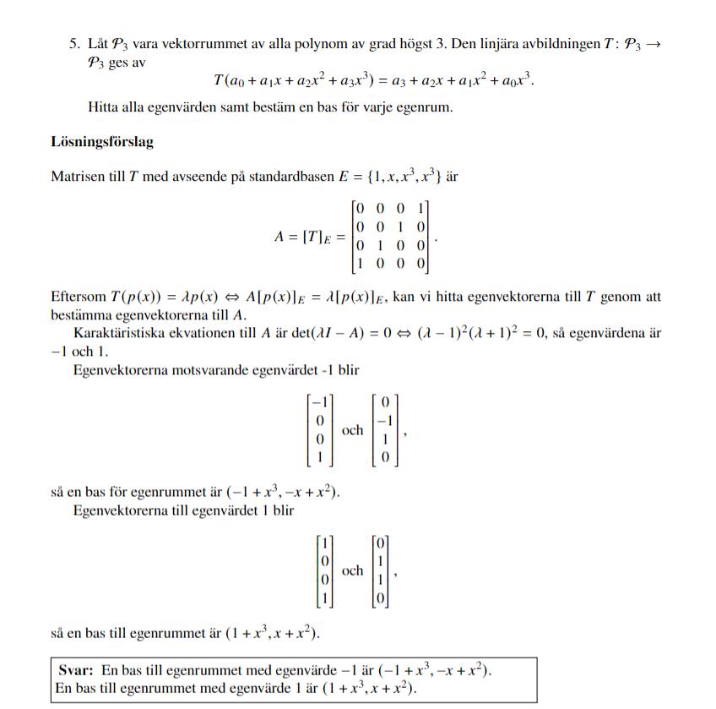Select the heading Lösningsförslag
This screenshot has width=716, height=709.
pos(102,142)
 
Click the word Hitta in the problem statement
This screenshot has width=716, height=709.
pos(104,107)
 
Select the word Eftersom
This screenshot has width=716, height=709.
pos(79,297)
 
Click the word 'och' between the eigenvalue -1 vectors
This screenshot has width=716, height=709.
pos(352,430)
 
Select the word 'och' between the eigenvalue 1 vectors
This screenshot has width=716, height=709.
pos(352,570)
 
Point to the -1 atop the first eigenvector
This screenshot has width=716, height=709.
pos(320,401)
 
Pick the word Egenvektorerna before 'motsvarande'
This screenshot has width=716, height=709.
pos(123,370)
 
